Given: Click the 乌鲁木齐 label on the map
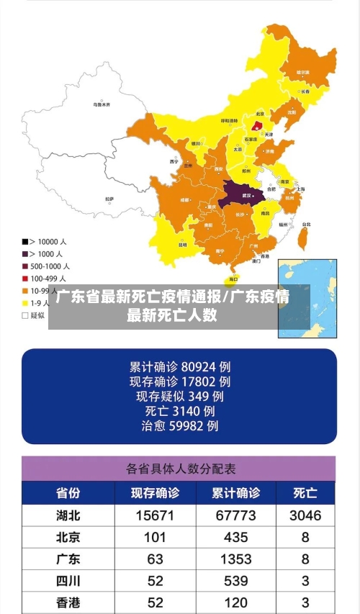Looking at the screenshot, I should [x=102, y=104].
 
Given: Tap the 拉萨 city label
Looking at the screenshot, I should [x=109, y=198].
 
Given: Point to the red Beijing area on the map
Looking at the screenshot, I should [x=257, y=125].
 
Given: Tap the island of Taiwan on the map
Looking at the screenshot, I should [x=304, y=233].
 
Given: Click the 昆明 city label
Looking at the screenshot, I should [x=183, y=244].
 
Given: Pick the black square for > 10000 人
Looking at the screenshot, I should [x=25, y=241].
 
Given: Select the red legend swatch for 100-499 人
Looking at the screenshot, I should [x=25, y=278].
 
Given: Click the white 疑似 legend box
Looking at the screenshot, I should [x=25, y=315].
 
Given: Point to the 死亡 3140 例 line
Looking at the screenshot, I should [x=180, y=411].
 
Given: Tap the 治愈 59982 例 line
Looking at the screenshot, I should [x=180, y=426].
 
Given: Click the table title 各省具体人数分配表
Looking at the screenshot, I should [x=181, y=469].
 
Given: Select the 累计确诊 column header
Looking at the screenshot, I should [x=235, y=494].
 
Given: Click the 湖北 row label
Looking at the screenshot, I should [x=68, y=515].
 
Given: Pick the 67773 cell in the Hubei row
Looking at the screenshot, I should [x=235, y=515].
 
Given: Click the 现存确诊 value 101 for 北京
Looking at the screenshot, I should [x=155, y=537].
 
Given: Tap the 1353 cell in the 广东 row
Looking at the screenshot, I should [x=235, y=559].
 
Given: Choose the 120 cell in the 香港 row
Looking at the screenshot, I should [x=235, y=602].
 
